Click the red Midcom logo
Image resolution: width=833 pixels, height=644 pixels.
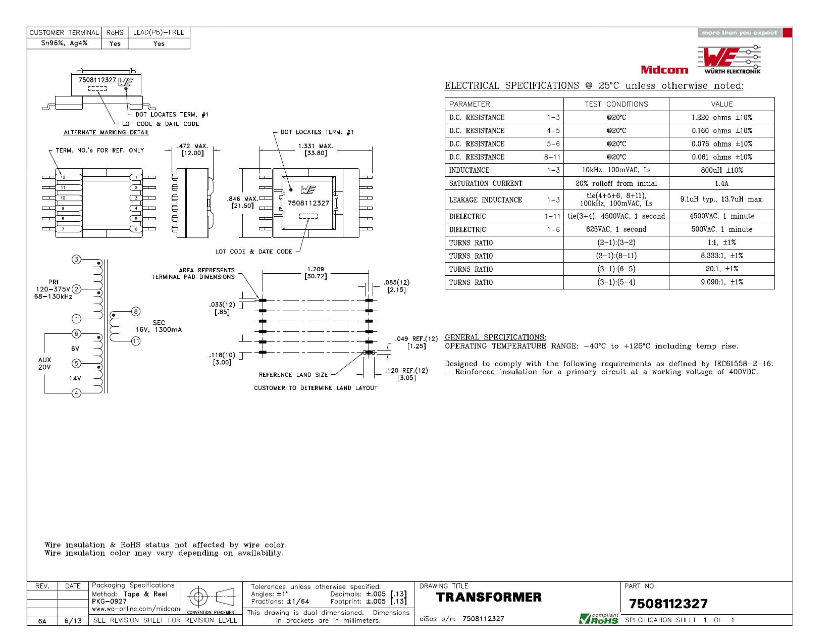click(664, 69)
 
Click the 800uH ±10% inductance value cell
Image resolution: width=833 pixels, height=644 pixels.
click(721, 170)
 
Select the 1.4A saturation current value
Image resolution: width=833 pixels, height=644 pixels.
click(721, 183)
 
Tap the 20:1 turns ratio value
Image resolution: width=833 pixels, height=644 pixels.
click(721, 269)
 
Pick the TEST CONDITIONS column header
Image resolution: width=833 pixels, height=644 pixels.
click(616, 104)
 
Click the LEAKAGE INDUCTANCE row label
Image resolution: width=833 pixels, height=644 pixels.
click(485, 200)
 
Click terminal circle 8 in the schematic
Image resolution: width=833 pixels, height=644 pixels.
click(136, 312)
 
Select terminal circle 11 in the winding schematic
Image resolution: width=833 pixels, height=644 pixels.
click(136, 341)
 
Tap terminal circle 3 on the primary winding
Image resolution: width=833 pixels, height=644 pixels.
click(76, 260)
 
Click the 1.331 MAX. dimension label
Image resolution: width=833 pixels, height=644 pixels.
click(316, 146)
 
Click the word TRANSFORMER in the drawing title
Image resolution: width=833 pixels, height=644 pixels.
click(489, 597)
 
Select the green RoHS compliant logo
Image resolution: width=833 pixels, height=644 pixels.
click(598, 618)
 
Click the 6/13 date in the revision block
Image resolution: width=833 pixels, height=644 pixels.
click(73, 621)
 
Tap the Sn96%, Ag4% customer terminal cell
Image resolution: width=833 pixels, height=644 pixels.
click(64, 43)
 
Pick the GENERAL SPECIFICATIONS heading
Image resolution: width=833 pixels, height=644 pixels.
click(495, 337)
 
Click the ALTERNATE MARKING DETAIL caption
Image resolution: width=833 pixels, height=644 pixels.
click(106, 132)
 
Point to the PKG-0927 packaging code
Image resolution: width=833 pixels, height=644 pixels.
click(109, 602)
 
